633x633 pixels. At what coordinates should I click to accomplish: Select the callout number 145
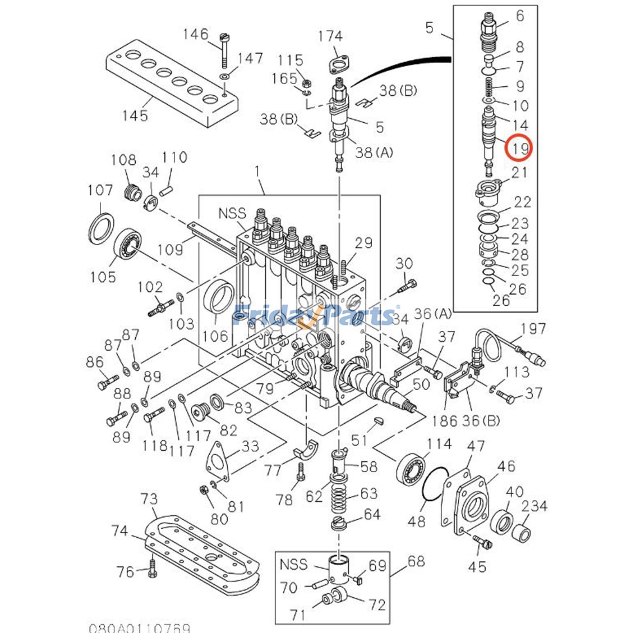pyautogui.click(x=135, y=116)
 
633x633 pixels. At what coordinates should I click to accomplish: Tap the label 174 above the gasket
pyautogui.click(x=330, y=36)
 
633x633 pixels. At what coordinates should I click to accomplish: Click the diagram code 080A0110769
pyautogui.click(x=139, y=628)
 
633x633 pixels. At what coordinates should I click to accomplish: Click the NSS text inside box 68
pyautogui.click(x=293, y=564)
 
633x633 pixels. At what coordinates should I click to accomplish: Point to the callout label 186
pyautogui.click(x=444, y=421)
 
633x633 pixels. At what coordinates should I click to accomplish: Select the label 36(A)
pyautogui.click(x=432, y=314)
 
